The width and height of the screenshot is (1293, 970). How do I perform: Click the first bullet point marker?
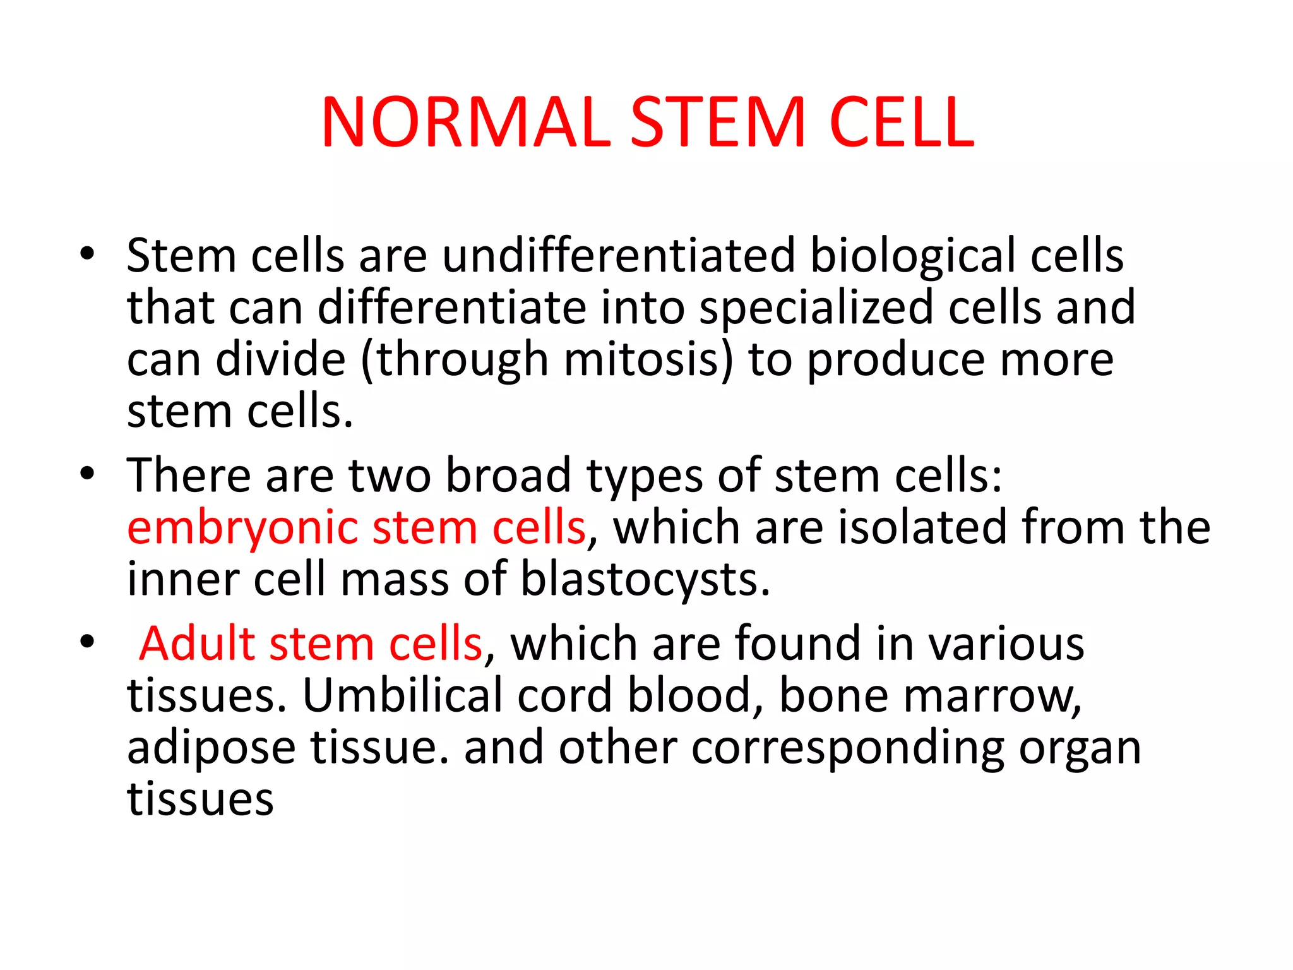pos(87,254)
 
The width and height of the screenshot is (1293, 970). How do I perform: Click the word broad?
pos(508,475)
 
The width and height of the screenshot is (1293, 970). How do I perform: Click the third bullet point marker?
pos(87,642)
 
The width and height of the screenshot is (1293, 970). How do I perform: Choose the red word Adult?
pos(197,644)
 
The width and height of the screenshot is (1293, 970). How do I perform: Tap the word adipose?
pos(211,749)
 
